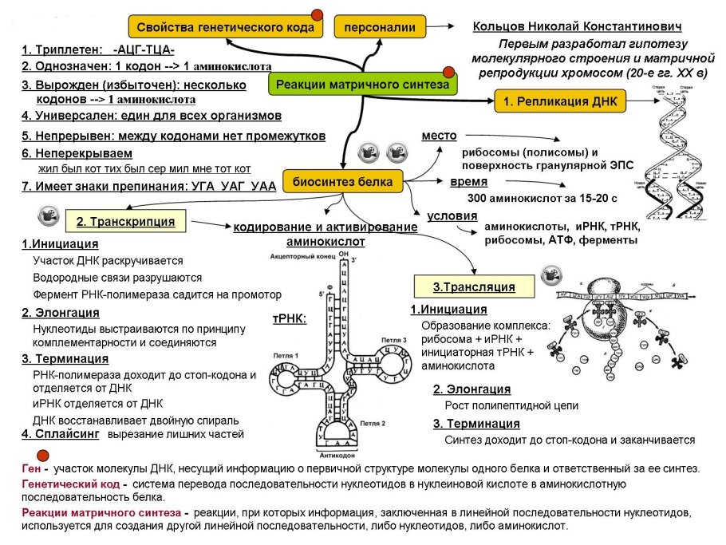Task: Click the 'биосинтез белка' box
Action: tap(342, 182)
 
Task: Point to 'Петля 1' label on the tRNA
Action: tap(285, 354)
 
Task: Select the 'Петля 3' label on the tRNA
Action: tap(394, 340)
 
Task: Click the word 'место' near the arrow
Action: tap(439, 136)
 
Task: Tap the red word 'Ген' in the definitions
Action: tap(33, 468)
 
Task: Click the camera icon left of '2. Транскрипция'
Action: tap(49, 215)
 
